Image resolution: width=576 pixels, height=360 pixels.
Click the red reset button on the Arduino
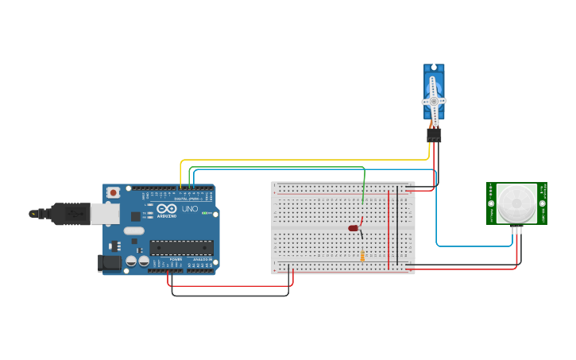click(x=114, y=192)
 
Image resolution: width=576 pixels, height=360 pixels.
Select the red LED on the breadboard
click(x=354, y=228)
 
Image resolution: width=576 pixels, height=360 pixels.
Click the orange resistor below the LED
click(x=362, y=255)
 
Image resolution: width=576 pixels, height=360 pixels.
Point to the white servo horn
click(x=434, y=101)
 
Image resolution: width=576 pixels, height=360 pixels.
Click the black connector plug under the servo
click(x=434, y=136)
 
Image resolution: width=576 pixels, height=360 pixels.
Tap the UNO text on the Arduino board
click(x=190, y=209)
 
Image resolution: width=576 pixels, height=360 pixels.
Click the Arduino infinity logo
click(x=166, y=209)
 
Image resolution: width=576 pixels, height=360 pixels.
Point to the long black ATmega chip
click(x=182, y=247)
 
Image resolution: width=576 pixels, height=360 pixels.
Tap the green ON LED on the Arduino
click(x=204, y=213)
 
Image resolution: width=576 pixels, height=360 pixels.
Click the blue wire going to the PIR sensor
click(x=436, y=215)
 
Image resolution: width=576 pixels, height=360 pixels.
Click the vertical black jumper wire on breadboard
click(x=397, y=226)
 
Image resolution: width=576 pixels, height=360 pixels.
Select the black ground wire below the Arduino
click(x=230, y=296)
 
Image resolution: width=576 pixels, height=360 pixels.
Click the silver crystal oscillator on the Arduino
click(x=133, y=231)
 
